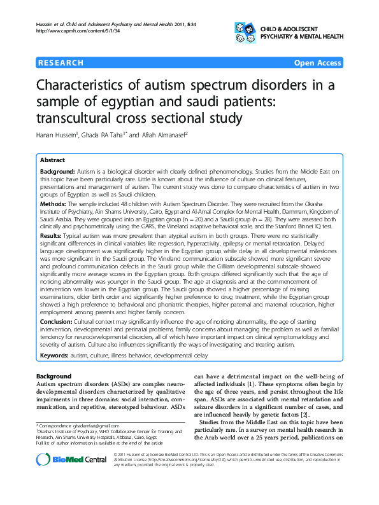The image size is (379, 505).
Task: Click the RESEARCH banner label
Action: (62, 63)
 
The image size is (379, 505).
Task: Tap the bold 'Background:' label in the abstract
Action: (57, 172)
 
